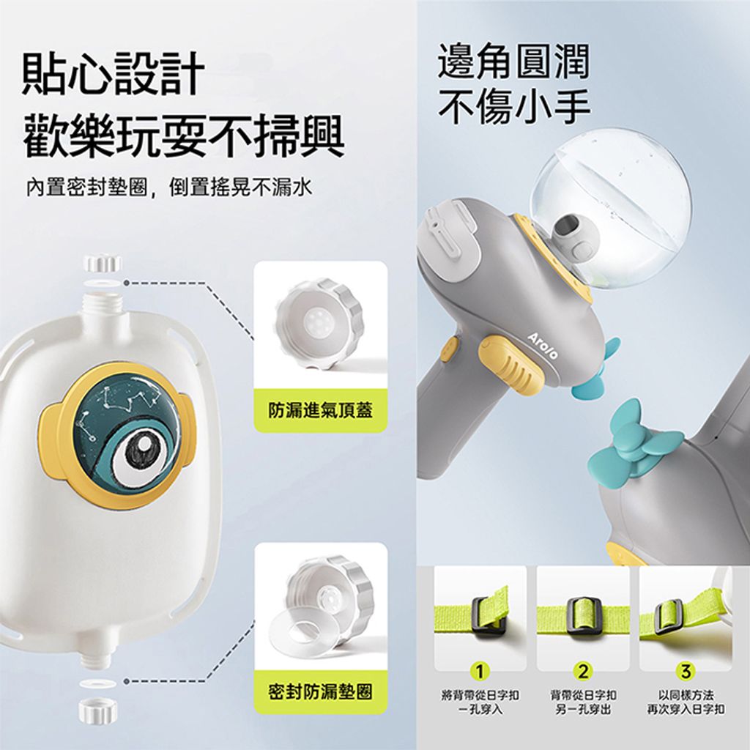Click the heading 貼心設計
pyautogui.click(x=114, y=75)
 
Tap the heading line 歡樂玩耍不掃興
pyautogui.click(x=184, y=135)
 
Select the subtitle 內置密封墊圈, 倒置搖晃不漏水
pyautogui.click(x=169, y=187)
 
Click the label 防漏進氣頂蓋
pyautogui.click(x=320, y=411)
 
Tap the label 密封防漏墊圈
pyautogui.click(x=320, y=691)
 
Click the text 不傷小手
pyautogui.click(x=513, y=105)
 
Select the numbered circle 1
pyautogui.click(x=480, y=672)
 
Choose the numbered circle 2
pyautogui.click(x=582, y=672)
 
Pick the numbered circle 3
pyautogui.click(x=686, y=672)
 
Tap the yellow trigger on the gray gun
pyautogui.click(x=508, y=362)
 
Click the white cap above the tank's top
pyautogui.click(x=103, y=264)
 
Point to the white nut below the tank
pyautogui.click(x=97, y=710)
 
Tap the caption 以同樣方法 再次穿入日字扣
pyautogui.click(x=686, y=702)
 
